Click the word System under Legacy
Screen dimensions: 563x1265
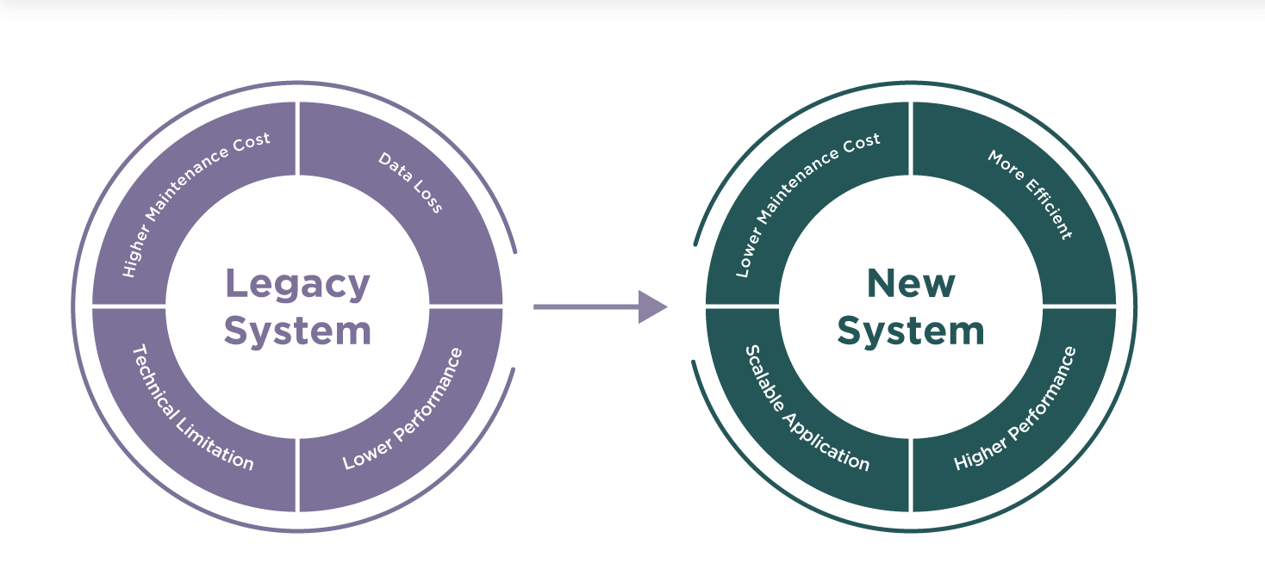click(x=297, y=331)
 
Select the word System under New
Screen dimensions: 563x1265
click(x=910, y=331)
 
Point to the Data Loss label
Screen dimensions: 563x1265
click(x=411, y=183)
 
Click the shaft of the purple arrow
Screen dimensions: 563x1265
click(x=586, y=306)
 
